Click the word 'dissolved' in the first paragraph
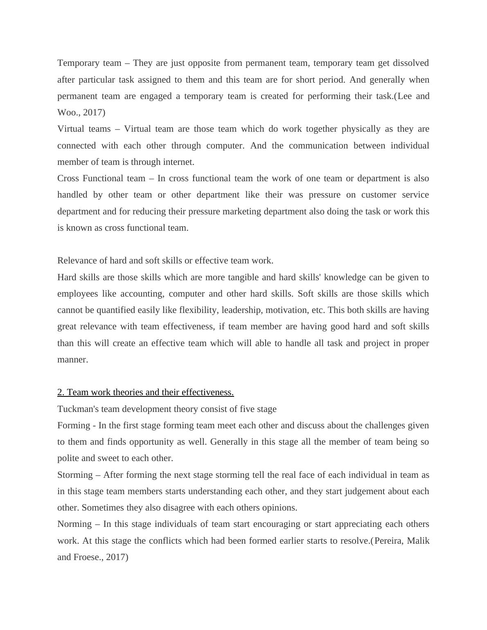[x=410, y=63]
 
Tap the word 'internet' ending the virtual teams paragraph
[x=178, y=162]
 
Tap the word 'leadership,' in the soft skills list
[x=241, y=310]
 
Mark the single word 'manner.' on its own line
[x=72, y=360]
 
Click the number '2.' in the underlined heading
[x=61, y=392]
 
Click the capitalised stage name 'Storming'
[x=75, y=475]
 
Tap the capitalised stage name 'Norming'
[x=74, y=524]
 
